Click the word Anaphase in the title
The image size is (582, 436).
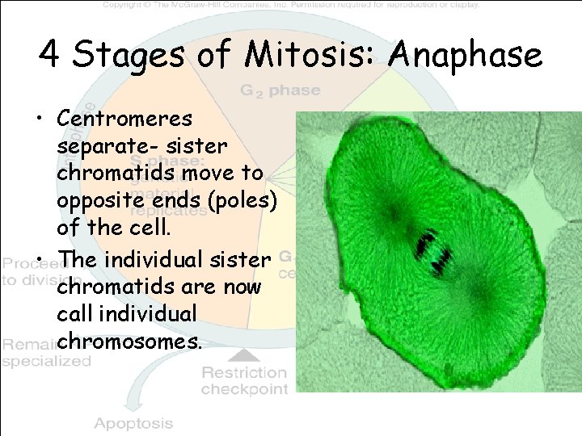466,55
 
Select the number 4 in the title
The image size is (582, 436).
50,55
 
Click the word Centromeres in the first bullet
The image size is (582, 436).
124,119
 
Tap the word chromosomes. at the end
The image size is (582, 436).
129,341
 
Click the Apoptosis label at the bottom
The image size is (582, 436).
133,423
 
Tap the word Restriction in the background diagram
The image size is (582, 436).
244,372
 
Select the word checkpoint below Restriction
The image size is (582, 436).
244,389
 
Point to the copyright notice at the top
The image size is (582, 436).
291,5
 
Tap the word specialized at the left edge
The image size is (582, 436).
46,362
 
